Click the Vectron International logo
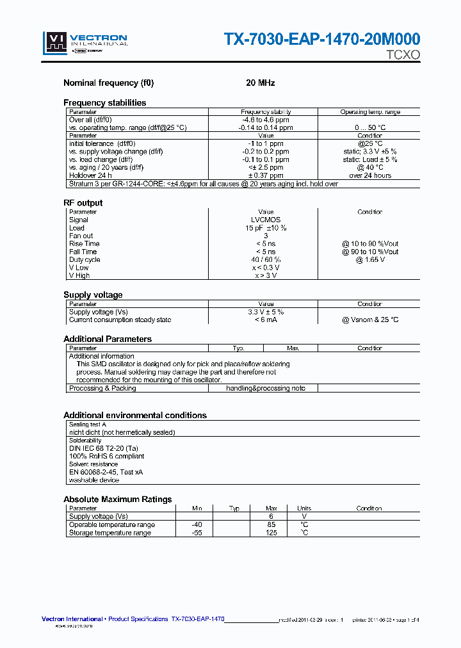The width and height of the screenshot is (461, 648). tap(85, 42)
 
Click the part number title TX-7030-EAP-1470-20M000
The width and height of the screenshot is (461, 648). tap(321, 40)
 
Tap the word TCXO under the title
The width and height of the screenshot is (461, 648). tap(403, 55)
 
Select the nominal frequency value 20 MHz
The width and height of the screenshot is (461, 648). tap(260, 83)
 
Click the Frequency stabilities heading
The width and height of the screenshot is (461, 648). tap(104, 102)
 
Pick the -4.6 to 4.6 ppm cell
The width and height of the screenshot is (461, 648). tap(266, 120)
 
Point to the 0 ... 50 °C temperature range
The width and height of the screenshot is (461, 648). tap(370, 127)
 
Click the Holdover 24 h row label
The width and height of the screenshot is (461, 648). tap(90, 175)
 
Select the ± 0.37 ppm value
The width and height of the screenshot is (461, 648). tap(266, 175)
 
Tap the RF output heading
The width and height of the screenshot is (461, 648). tap(83, 203)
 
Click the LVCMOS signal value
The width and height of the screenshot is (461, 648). tap(266, 220)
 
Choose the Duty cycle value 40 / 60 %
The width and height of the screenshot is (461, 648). tap(266, 260)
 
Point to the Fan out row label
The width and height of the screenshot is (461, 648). tap(81, 236)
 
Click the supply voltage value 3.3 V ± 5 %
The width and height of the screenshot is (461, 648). tap(266, 312)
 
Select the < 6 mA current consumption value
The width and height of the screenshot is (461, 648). tap(266, 320)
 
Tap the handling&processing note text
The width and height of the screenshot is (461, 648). tap(266, 388)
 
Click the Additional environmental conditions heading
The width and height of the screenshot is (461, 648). tap(134, 416)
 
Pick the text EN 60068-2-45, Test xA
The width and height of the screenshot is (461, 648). tap(106, 472)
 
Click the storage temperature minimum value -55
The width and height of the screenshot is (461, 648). tap(197, 533)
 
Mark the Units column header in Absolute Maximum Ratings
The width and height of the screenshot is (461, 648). tap(304, 508)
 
